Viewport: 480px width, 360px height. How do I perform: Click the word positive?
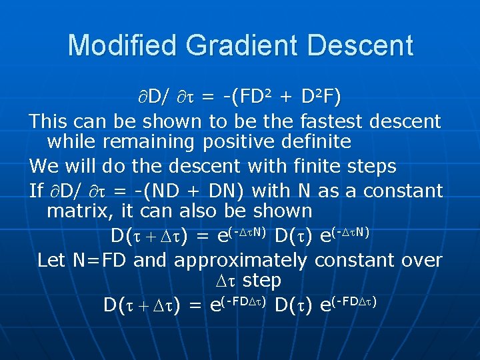(237, 141)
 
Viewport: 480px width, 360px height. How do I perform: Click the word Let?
(51, 259)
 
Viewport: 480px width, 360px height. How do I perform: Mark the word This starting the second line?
(49, 121)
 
